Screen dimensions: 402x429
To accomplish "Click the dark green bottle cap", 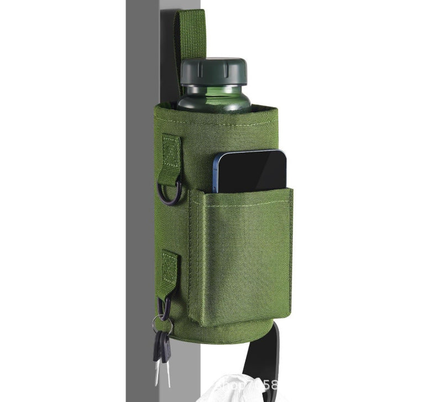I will (214, 71).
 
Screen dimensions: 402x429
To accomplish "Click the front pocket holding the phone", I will (243, 254).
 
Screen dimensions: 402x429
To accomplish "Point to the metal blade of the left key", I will (157, 373).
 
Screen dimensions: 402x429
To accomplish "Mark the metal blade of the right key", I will (166, 373).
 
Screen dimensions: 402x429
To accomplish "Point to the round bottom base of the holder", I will (232, 332).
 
